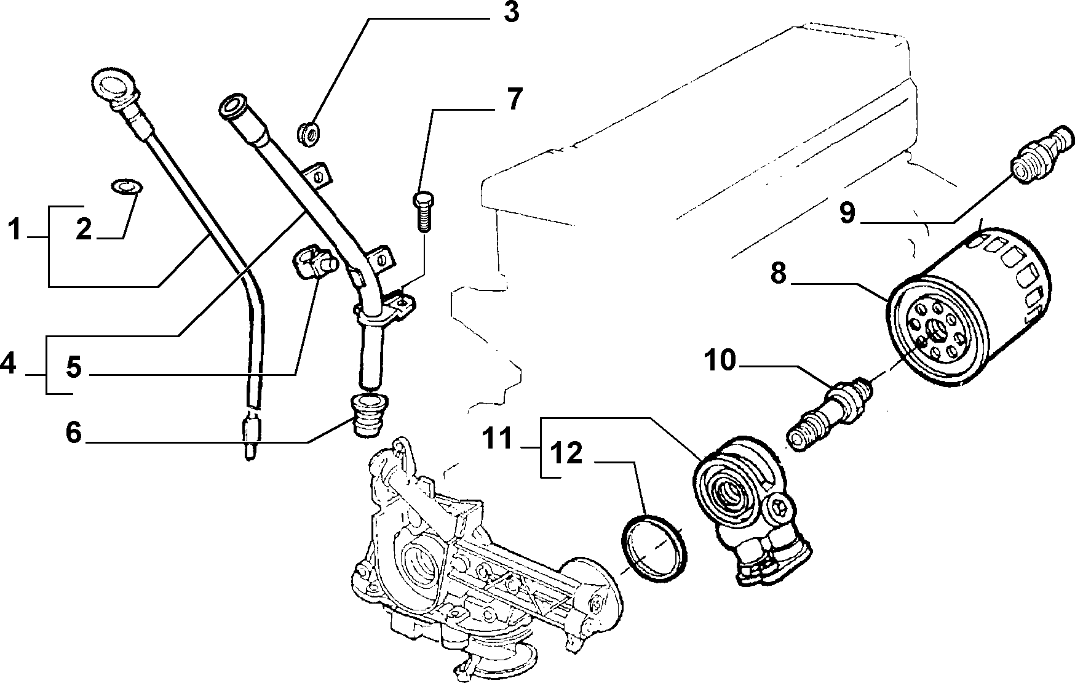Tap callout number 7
pos(514,99)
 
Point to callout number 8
pos(779,273)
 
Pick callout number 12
pos(566,454)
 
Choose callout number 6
pos(73,433)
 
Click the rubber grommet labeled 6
pos(365,416)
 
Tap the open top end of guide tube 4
pos(232,106)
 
